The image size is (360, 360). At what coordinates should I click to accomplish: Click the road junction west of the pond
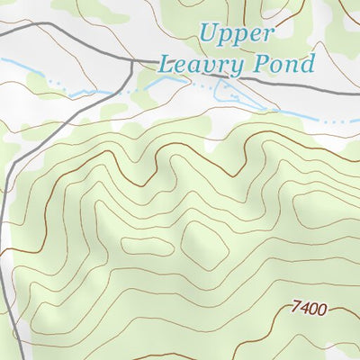(x=133, y=61)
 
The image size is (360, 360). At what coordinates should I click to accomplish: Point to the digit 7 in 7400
(x=296, y=309)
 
